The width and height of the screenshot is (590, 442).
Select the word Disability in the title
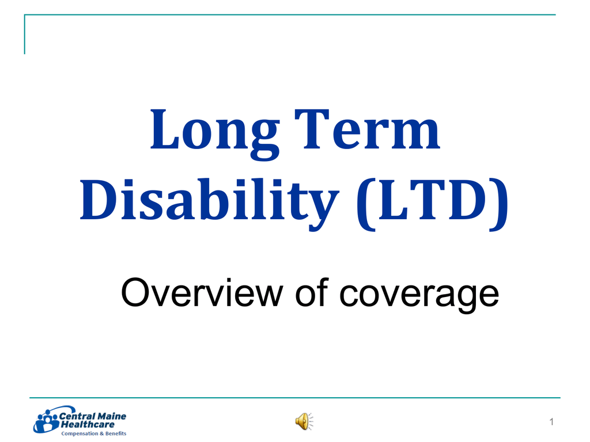209,201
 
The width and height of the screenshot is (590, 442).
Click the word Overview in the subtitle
202,293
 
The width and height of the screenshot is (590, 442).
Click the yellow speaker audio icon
304,421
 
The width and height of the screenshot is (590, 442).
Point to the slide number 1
551,422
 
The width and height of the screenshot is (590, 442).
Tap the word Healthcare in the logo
88,425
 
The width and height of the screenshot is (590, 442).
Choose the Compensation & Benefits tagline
94,433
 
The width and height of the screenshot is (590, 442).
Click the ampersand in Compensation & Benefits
101,433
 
